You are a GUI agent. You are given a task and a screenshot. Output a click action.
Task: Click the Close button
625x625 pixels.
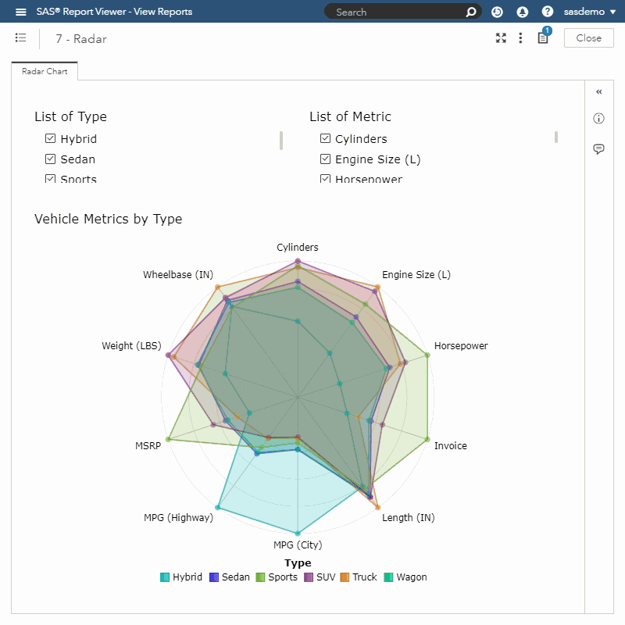588,38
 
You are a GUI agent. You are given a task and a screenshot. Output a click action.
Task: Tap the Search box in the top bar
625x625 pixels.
395,12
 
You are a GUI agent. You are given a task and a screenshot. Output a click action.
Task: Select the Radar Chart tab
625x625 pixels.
45,71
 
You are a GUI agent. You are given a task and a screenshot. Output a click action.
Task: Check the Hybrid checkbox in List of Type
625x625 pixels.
51,139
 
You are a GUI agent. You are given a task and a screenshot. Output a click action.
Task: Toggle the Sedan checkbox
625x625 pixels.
51,159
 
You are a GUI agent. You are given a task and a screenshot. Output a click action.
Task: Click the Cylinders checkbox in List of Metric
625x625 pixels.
326,139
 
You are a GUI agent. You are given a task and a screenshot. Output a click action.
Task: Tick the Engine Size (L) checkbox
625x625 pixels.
326,159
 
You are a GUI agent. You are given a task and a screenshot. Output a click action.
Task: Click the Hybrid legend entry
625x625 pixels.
181,577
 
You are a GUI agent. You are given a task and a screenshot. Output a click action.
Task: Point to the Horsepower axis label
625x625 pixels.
461,346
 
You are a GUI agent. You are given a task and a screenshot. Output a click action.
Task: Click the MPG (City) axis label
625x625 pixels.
298,545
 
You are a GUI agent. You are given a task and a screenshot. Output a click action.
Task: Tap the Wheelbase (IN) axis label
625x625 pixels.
178,275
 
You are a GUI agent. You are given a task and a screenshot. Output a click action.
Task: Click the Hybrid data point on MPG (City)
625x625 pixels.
298,534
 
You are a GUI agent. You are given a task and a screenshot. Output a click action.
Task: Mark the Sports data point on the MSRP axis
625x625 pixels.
168,440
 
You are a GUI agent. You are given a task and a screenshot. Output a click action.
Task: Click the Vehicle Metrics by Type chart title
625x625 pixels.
108,219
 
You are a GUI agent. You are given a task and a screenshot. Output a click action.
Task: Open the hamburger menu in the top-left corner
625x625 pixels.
21,12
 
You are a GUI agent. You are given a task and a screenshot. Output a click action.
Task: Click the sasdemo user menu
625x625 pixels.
590,12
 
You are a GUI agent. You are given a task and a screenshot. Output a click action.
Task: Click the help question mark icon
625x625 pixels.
548,12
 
